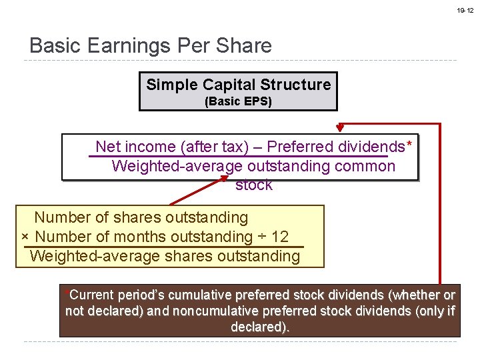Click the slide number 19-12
[465, 11]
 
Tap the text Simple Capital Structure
[238, 85]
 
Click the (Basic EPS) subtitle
[238, 102]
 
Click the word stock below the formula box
[253, 185]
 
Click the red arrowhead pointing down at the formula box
[340, 127]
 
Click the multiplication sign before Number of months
[25, 237]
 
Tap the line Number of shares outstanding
[141, 217]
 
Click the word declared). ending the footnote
[260, 327]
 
